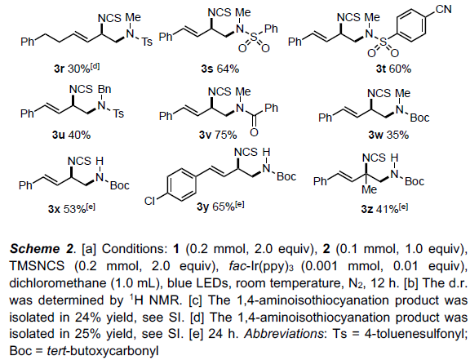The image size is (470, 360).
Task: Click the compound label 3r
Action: click(60, 69)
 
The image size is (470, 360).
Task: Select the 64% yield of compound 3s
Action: click(228, 69)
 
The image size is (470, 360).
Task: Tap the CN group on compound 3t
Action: click(443, 9)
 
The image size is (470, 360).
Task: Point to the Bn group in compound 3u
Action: click(104, 89)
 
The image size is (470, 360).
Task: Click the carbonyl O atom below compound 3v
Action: click(254, 131)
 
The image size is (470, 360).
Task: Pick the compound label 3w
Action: click(376, 135)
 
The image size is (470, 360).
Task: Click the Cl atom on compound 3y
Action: click(149, 201)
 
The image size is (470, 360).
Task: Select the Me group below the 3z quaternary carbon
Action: click(369, 189)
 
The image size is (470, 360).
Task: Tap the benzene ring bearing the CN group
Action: click(410, 25)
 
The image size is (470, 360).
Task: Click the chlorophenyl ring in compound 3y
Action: click(181, 184)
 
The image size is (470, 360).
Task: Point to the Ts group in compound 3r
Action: click(147, 42)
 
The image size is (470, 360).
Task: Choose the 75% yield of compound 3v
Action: click(226, 135)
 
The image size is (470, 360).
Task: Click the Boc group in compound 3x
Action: click(120, 185)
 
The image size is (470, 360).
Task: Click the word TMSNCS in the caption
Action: click(37, 266)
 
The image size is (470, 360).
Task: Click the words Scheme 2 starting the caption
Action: click(42, 249)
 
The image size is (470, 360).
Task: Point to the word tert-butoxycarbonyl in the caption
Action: click(103, 350)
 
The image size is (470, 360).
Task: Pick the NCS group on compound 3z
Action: click(374, 158)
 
